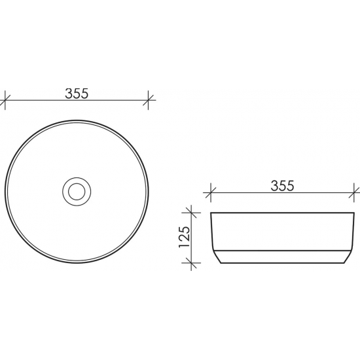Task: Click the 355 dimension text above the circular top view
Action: [77, 93]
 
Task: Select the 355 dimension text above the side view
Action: [282, 185]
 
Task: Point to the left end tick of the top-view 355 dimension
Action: [6, 101]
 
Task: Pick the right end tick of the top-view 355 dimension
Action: [150, 101]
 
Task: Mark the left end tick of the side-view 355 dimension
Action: [210, 193]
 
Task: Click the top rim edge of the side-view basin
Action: [282, 213]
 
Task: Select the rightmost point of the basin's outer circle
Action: [150, 191]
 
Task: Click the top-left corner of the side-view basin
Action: [211, 213]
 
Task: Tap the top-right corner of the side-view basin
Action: [353, 213]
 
